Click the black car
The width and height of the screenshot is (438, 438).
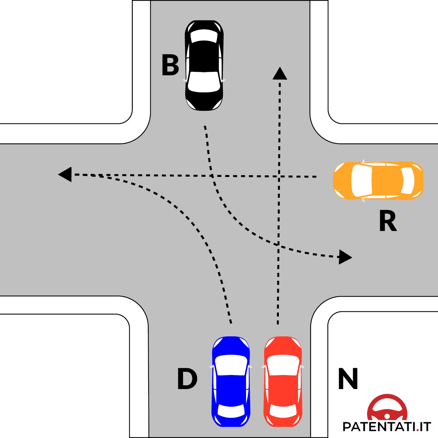[204, 65]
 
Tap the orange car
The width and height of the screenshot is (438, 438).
[378, 180]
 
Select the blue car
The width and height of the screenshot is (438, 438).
[231, 382]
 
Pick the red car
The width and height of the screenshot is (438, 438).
[283, 382]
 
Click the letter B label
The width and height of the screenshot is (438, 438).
[170, 65]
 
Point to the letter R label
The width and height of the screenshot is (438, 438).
[388, 221]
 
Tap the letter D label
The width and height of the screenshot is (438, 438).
[187, 379]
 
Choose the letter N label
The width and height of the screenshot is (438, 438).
[348, 379]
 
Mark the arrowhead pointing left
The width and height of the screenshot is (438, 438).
[65, 175]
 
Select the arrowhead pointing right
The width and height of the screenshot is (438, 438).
[345, 257]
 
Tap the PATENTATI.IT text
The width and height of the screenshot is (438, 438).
[387, 427]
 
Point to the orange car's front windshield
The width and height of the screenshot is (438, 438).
[361, 180]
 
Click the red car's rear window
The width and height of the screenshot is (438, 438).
[283, 411]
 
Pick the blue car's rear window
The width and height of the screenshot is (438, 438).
[231, 411]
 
